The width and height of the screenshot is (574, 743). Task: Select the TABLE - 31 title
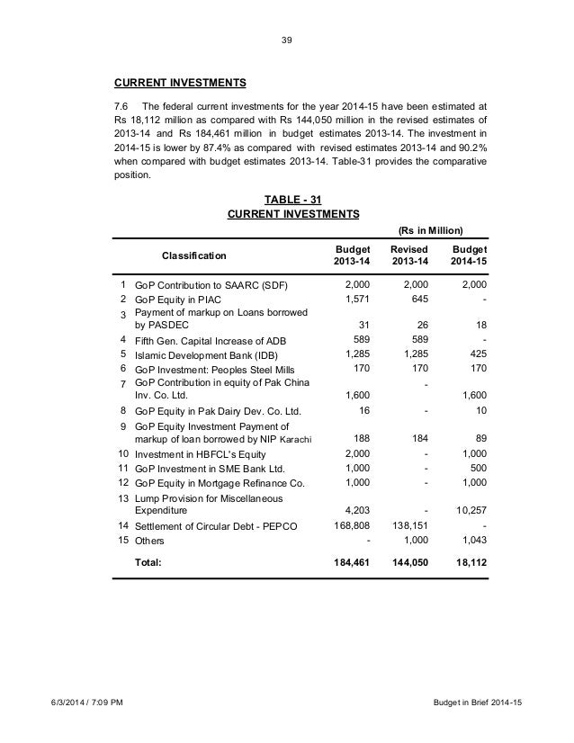coord(293,199)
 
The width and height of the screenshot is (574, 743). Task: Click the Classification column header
coord(194,255)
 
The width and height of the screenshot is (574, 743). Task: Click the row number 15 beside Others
coord(122,541)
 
